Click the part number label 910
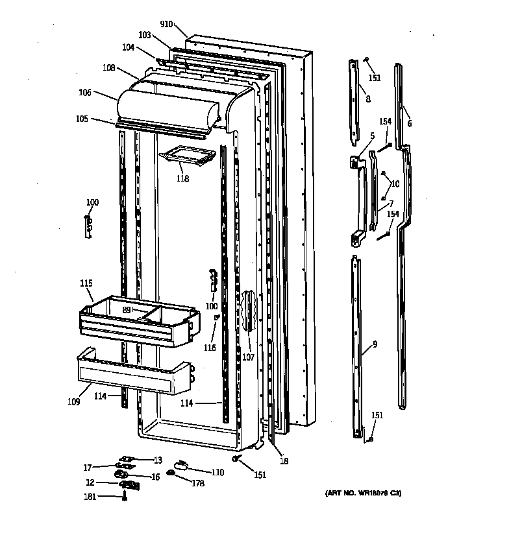167,24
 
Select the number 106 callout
85,93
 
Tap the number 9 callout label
375,344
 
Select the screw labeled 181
124,497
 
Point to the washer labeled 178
171,474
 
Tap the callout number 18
284,461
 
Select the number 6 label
409,123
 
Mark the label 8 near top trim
368,99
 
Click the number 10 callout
395,184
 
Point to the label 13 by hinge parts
157,460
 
